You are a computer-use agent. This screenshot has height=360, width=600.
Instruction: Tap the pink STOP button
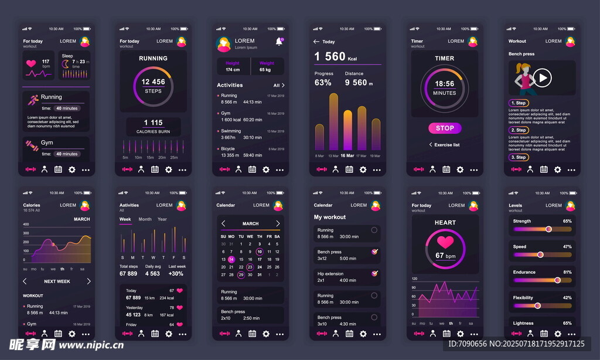[x=445, y=128]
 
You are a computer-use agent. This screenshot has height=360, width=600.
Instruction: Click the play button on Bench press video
[x=543, y=77]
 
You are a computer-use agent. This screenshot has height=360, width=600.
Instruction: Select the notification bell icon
[x=279, y=41]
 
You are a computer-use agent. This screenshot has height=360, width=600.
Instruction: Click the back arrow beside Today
[x=316, y=42]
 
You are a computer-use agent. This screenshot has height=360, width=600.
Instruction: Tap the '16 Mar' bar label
[x=347, y=156]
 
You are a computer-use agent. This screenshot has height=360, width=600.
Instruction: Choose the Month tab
[x=145, y=219]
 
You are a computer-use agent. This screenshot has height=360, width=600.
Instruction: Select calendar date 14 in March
[x=231, y=259]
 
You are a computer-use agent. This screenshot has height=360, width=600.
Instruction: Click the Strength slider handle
[x=549, y=229]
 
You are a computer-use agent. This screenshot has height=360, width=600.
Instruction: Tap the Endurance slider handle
[x=557, y=280]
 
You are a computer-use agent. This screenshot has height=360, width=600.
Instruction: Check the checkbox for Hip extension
[x=374, y=273]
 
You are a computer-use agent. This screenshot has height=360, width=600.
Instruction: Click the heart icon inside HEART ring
[x=445, y=242]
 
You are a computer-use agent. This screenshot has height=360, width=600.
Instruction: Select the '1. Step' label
[x=519, y=103]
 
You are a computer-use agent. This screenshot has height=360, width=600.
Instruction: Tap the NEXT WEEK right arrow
[x=88, y=281]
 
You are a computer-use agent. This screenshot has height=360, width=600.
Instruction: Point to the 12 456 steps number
[x=153, y=82]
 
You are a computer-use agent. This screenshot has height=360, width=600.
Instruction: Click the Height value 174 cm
[x=233, y=70]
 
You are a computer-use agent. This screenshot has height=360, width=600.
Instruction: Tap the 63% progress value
[x=323, y=83]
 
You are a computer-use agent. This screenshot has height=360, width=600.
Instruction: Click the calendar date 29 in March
[x=241, y=274]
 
